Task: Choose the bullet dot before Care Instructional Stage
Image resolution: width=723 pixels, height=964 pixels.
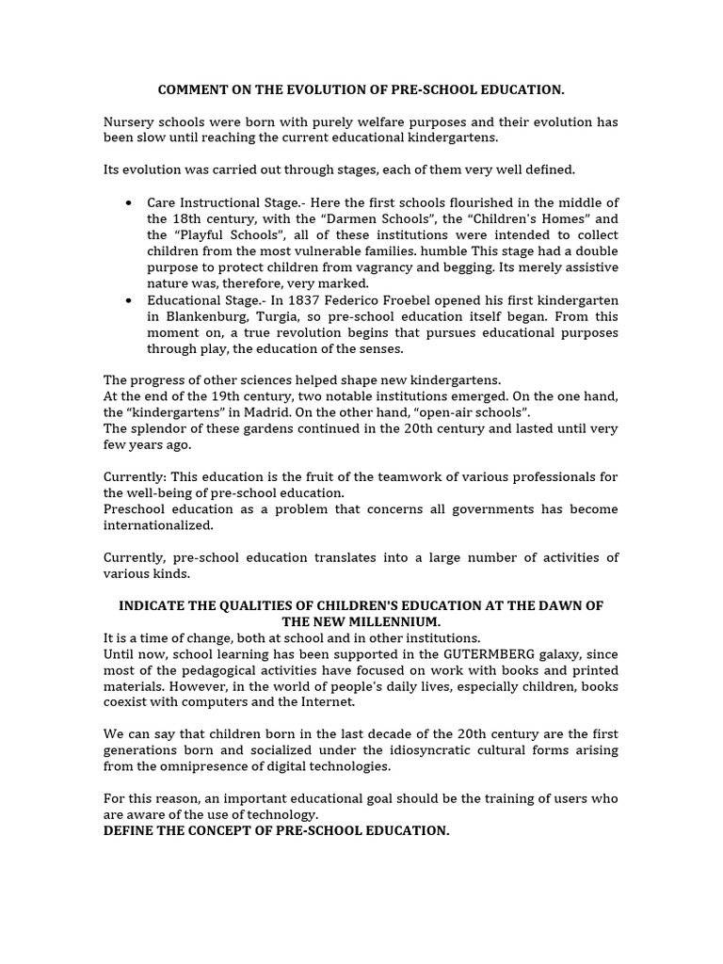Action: (128, 203)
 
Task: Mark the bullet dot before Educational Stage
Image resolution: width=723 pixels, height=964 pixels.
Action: (128, 300)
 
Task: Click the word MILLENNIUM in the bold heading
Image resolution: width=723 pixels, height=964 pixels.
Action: (394, 622)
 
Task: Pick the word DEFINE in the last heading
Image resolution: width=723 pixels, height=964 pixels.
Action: (128, 831)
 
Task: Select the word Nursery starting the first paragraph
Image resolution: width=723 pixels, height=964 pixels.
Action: (128, 121)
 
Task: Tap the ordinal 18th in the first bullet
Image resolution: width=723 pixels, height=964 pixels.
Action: (181, 219)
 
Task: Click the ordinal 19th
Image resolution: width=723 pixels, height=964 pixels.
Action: (208, 396)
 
